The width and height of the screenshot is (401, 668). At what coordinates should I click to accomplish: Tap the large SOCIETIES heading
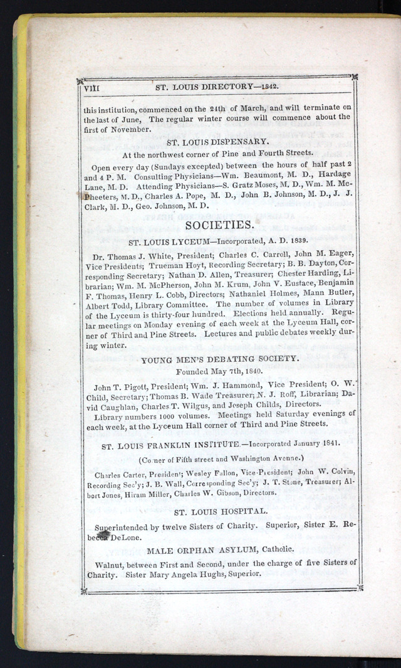click(x=219, y=225)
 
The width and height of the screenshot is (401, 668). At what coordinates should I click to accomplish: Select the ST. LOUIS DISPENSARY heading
click(x=218, y=141)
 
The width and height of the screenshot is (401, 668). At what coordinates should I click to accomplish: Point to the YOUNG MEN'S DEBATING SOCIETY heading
click(x=220, y=359)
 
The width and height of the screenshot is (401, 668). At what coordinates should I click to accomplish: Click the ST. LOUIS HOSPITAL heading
click(x=221, y=511)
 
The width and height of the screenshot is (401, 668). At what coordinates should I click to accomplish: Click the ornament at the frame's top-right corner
click(x=354, y=77)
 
